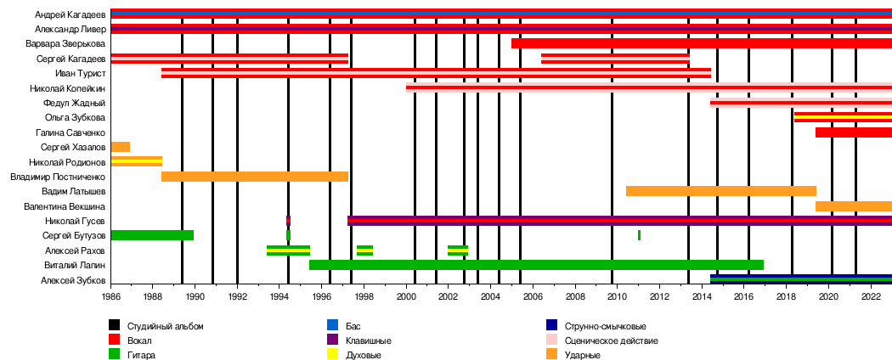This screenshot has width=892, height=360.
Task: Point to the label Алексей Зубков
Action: pyautogui.click(x=73, y=279)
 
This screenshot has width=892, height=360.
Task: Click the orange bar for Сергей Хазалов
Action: pyautogui.click(x=121, y=147)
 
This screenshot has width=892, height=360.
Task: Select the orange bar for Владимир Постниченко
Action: pyautogui.click(x=254, y=177)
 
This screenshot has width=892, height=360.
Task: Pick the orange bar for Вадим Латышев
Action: pyautogui.click(x=720, y=191)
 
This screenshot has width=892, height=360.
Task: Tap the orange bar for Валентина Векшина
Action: pyautogui.click(x=853, y=206)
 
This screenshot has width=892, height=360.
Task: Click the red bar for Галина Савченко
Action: pyautogui.click(x=853, y=132)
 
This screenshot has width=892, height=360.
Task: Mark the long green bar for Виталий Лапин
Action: pyautogui.click(x=536, y=265)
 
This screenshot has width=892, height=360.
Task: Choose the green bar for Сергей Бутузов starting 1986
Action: pyautogui.click(x=152, y=235)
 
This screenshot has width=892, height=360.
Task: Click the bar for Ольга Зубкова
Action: pyautogui.click(x=843, y=117)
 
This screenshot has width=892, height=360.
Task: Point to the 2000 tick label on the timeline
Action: pyautogui.click(x=406, y=297)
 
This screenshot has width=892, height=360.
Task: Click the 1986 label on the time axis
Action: pyautogui.click(x=111, y=297)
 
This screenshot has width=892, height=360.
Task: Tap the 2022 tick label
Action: pyautogui.click(x=871, y=297)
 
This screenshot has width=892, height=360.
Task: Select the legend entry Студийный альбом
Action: pyautogui.click(x=165, y=326)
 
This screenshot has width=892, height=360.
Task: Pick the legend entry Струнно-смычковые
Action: pyautogui.click(x=605, y=326)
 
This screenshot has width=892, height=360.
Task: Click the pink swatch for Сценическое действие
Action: pyautogui.click(x=552, y=340)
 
